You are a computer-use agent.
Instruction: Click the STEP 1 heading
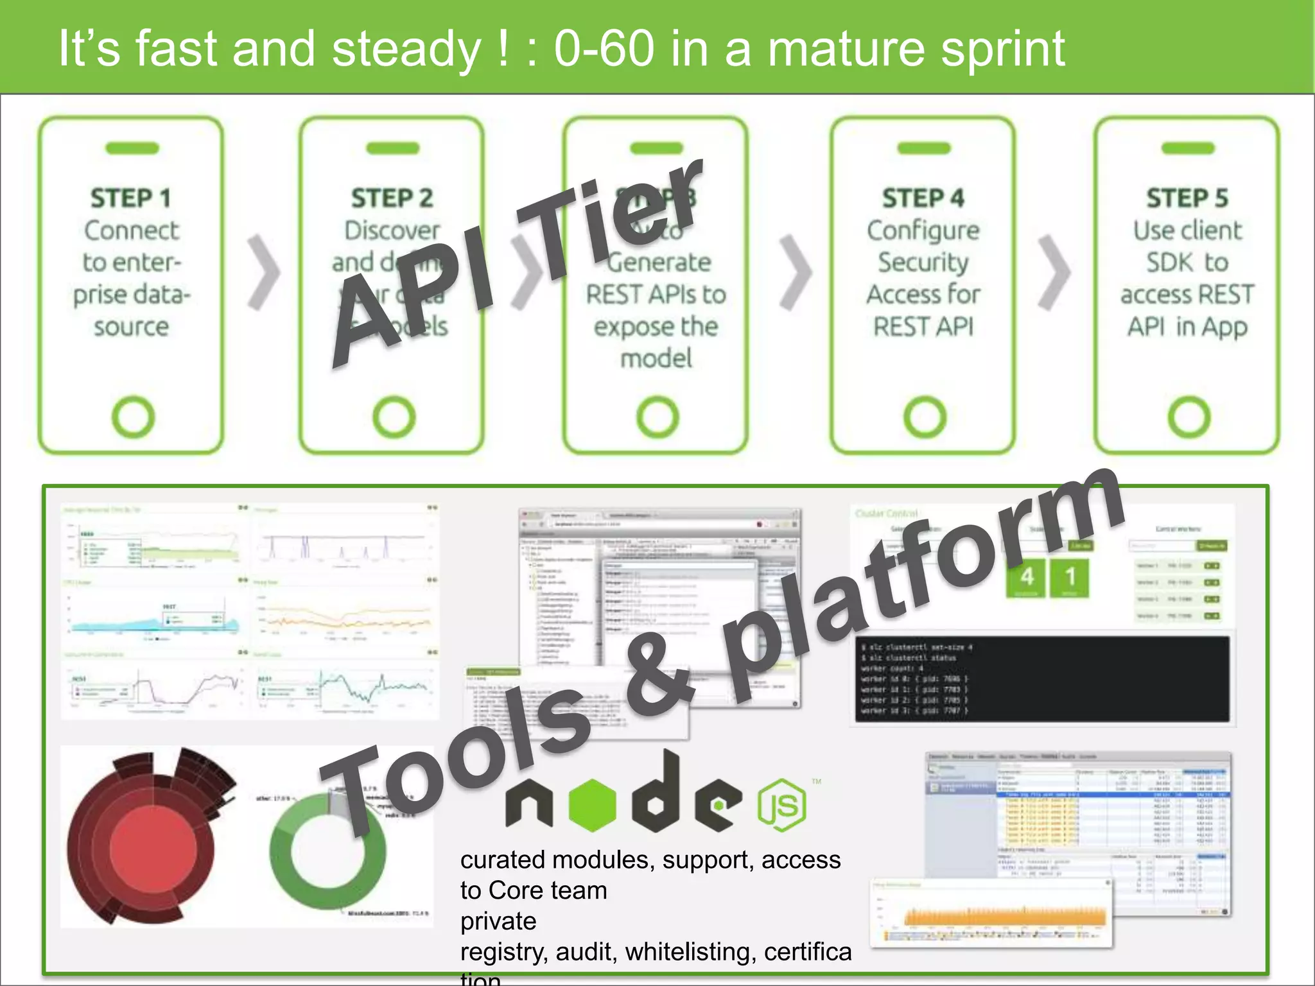pyautogui.click(x=130, y=198)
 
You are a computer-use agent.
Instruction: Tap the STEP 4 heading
pyautogui.click(x=923, y=198)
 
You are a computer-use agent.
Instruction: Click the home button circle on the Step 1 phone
pyautogui.click(x=133, y=417)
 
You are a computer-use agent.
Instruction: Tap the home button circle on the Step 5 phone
pyautogui.click(x=1189, y=417)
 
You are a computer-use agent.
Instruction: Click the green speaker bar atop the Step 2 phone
pyautogui.click(x=392, y=148)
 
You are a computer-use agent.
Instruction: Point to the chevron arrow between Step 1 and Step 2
pyautogui.click(x=264, y=272)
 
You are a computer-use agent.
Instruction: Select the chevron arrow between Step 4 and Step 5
pyautogui.click(x=1054, y=272)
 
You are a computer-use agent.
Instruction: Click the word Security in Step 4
pyautogui.click(x=923, y=262)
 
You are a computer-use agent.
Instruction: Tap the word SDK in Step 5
pyautogui.click(x=1169, y=262)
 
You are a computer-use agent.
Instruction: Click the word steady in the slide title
pyautogui.click(x=406, y=49)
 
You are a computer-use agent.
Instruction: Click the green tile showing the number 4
pyautogui.click(x=1026, y=577)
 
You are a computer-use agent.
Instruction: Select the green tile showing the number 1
pyautogui.click(x=1070, y=577)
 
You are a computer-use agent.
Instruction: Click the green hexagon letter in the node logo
pyautogui.click(x=592, y=805)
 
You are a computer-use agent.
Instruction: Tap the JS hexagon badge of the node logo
pyautogui.click(x=781, y=805)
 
